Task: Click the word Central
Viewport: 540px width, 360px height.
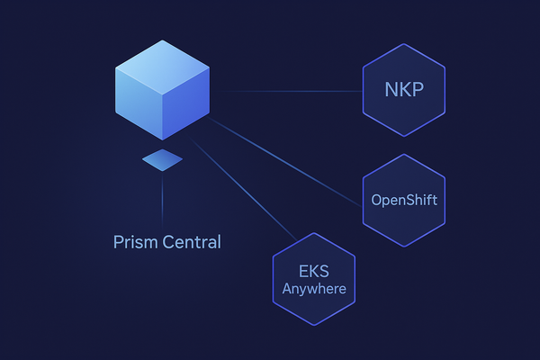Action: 191,242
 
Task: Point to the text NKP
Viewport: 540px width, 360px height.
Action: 404,91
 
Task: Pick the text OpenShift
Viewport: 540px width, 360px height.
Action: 404,200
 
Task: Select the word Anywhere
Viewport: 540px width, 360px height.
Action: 314,289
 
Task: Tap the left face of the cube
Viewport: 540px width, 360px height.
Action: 138,103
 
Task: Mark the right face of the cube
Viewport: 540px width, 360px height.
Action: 186,104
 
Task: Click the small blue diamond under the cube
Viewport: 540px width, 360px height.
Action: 162,160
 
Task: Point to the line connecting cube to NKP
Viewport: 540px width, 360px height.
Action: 288,91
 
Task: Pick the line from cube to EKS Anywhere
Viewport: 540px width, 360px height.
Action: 243,194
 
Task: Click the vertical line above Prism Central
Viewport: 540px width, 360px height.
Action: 162,198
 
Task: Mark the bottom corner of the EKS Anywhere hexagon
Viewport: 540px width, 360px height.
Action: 314,325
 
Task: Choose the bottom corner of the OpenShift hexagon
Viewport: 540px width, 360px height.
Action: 404,246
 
